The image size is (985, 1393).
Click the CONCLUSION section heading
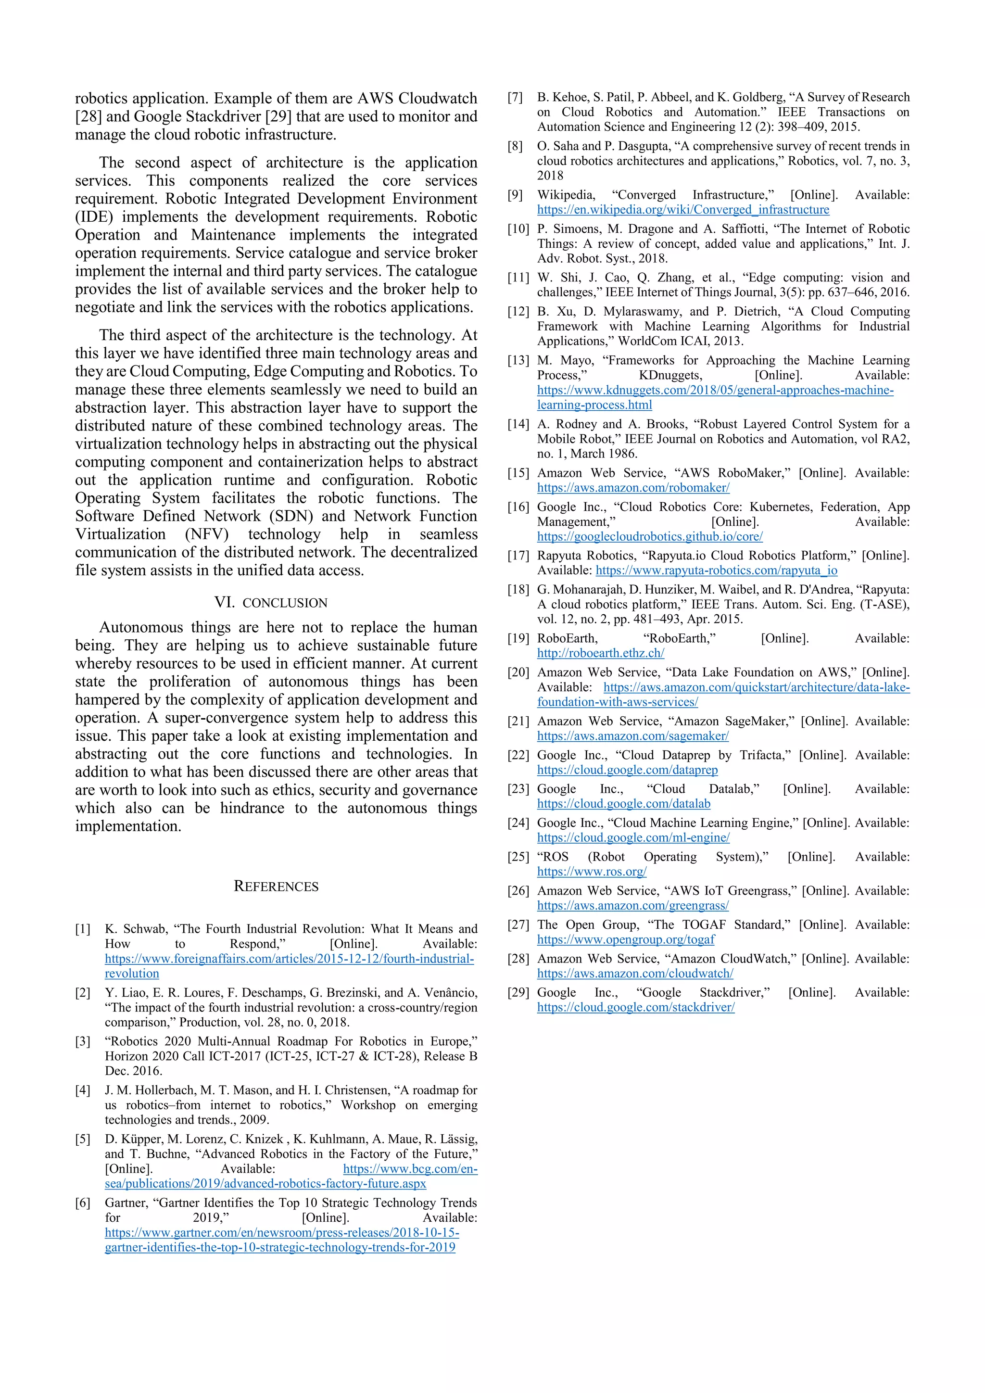271,602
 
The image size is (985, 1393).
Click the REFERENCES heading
276,886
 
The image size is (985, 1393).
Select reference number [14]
518,424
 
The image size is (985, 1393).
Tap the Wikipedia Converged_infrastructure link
683,209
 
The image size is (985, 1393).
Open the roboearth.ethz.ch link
600,653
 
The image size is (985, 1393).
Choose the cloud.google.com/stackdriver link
636,1007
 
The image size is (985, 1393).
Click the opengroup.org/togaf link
625,939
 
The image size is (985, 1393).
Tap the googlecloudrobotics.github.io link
650,536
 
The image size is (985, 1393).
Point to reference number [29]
518,993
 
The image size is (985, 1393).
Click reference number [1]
83,929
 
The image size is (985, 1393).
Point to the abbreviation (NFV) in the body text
207,534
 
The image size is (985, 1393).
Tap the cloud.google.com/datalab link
623,803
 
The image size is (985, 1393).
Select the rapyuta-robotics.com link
716,570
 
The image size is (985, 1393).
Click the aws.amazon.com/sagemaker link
632,735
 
